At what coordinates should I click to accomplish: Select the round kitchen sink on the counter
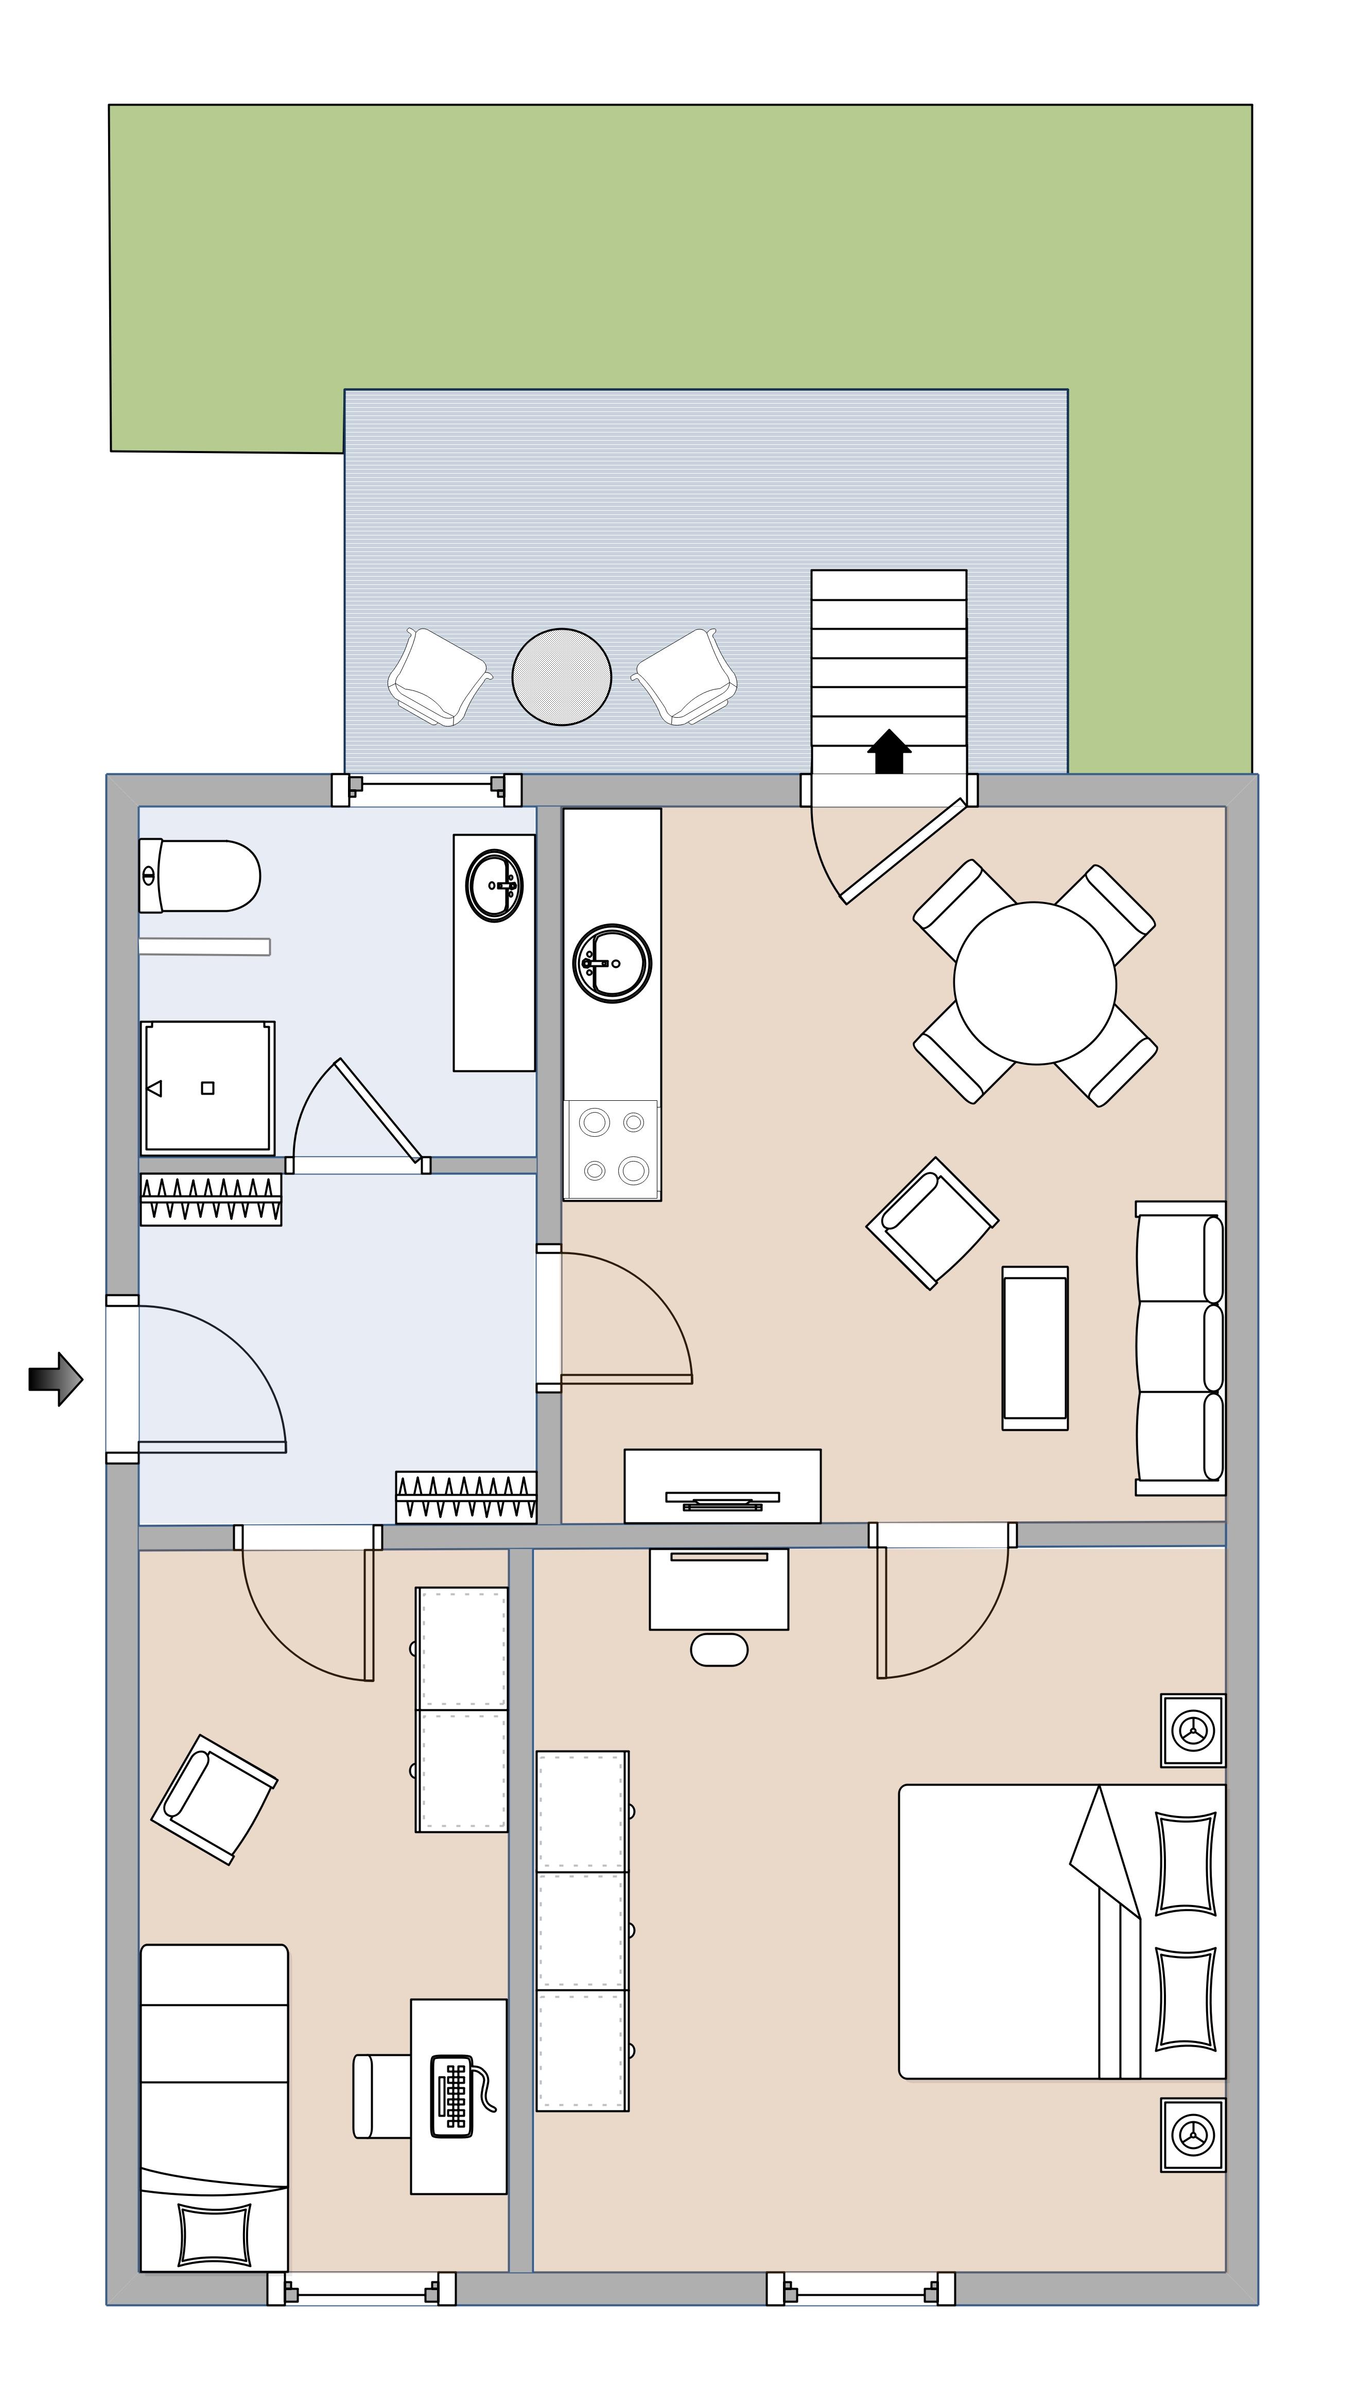click(x=612, y=963)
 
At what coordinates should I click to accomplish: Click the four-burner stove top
click(x=612, y=1148)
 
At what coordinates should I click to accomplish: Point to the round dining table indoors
click(x=1034, y=983)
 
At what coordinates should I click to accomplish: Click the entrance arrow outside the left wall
click(x=56, y=1378)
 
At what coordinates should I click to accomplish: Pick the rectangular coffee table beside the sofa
click(x=1034, y=1347)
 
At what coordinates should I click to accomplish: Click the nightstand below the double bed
click(x=1192, y=2134)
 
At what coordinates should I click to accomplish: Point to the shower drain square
click(x=207, y=1088)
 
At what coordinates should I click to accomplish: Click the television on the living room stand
click(x=722, y=1499)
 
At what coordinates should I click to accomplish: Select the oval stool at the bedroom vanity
click(x=719, y=1649)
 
